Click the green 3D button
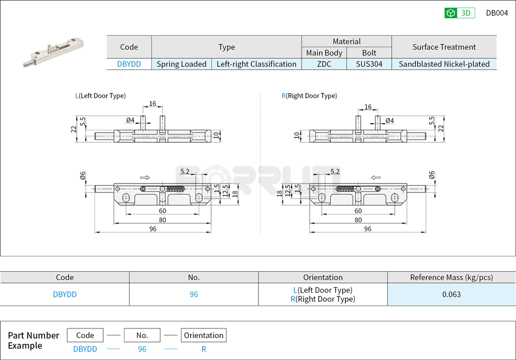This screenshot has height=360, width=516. pos(460,13)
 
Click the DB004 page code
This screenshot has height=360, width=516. pos(496,13)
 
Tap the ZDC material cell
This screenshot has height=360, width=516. pos(324,64)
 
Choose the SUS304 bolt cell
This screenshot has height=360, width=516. pos(369,64)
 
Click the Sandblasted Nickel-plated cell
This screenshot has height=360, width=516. pos(444,64)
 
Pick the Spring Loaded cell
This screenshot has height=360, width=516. pos(181,64)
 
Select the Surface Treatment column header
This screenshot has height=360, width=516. pos(444,47)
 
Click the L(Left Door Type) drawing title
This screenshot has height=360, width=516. pos(100,96)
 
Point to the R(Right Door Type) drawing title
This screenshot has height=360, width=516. pos(309,96)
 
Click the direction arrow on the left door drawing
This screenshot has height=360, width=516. pos(145,177)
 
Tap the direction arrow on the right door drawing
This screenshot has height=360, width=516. pos(376,177)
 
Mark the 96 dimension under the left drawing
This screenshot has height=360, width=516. pos(153,229)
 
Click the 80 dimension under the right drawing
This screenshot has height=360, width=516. pos(358,220)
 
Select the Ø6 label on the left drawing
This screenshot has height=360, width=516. pos(83,175)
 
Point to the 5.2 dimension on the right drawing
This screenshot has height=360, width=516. pos(335,171)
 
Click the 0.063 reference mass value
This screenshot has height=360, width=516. pos(451,294)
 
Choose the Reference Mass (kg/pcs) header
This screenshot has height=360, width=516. pos(451,277)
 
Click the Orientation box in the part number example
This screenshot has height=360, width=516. pos(204,335)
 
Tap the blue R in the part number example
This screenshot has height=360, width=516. pos(204,349)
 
